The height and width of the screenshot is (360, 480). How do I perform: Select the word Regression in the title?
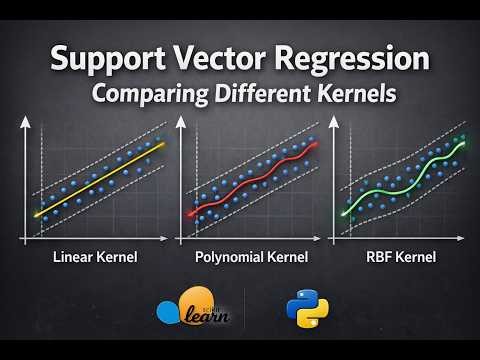(x=354, y=63)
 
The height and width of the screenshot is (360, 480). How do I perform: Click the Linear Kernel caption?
(x=96, y=258)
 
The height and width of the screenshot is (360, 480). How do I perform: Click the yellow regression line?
(x=100, y=180)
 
